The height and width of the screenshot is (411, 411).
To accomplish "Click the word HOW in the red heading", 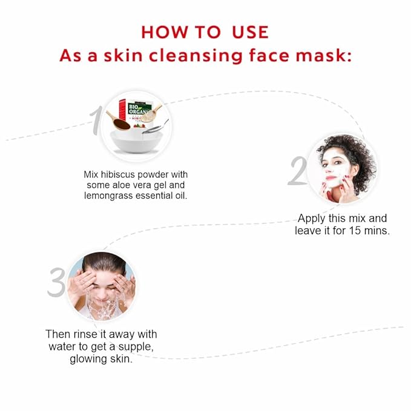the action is pos(165,32).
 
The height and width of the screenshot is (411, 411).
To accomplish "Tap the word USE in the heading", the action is pos(251,32).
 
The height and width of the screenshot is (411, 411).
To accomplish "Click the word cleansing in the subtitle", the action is pos(196,56).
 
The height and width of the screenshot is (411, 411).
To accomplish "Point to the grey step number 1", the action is pos(96,120).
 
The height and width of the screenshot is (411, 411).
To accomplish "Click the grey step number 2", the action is pos(298,171).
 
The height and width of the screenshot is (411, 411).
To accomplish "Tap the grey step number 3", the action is pos(56,282).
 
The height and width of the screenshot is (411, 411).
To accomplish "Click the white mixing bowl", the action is pos(136,141).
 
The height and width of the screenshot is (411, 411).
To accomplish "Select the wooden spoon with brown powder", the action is pos(118,121).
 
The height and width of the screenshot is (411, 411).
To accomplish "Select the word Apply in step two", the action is pos(312,219).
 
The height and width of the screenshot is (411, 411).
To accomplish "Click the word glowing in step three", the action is pos(88,359).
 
